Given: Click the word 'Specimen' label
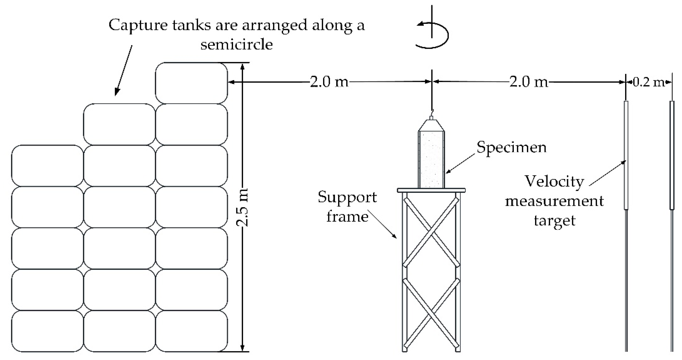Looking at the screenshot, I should coord(511,148).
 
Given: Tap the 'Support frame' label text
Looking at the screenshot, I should coord(347,207).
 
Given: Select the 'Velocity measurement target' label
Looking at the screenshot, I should coord(554,201).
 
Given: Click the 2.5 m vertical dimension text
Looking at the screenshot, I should coord(243,207).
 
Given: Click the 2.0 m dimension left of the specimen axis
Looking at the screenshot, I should coord(329,82).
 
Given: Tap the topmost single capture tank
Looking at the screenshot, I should coord(191,83).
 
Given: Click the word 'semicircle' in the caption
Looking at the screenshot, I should coord(236,44).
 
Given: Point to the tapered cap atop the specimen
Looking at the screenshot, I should coord(432,125).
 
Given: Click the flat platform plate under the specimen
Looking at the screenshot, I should coord(431,190).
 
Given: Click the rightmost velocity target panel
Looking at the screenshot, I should coord(672,155).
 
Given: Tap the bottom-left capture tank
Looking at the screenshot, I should coord(47,331).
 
